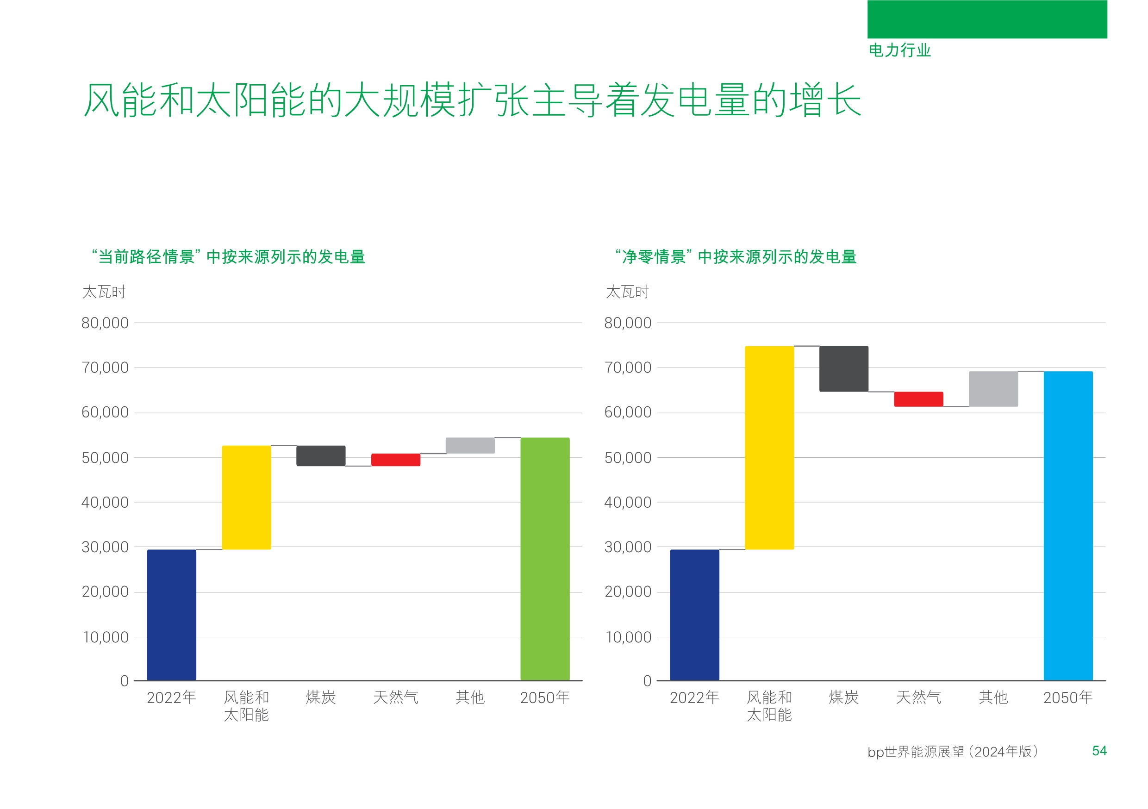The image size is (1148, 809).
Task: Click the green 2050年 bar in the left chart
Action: [x=544, y=559]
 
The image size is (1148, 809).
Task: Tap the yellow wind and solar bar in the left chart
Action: [x=247, y=497]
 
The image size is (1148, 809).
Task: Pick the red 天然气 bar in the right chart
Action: [x=918, y=399]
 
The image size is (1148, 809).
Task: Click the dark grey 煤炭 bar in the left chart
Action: [x=320, y=455]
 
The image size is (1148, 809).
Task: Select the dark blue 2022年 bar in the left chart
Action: [x=171, y=615]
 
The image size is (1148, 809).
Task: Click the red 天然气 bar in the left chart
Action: [x=395, y=460]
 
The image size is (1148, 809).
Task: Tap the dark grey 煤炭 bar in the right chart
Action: [x=843, y=368]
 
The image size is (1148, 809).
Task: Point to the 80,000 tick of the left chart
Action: [x=105, y=323]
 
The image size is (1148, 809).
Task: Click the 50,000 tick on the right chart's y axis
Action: [x=628, y=458]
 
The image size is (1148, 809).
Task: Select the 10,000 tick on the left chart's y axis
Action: [x=106, y=637]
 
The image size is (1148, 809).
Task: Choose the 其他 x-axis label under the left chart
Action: [x=470, y=697]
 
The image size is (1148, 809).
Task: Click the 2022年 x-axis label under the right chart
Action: [x=694, y=697]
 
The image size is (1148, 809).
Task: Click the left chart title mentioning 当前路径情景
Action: [x=229, y=256]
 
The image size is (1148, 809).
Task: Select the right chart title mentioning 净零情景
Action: [x=736, y=256]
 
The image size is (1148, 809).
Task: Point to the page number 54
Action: [x=1099, y=751]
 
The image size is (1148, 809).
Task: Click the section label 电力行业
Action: [x=899, y=50]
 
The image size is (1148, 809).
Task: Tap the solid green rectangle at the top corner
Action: [x=987, y=19]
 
